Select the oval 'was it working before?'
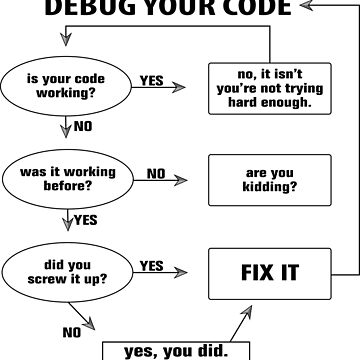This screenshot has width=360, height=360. (x=66, y=178)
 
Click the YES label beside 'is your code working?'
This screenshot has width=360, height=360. (x=152, y=79)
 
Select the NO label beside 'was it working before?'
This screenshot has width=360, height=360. (x=156, y=172)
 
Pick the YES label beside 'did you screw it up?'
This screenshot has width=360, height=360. (x=152, y=265)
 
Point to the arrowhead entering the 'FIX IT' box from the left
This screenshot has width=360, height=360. (x=182, y=272)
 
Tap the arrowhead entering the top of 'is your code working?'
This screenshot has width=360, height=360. (x=66, y=42)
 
